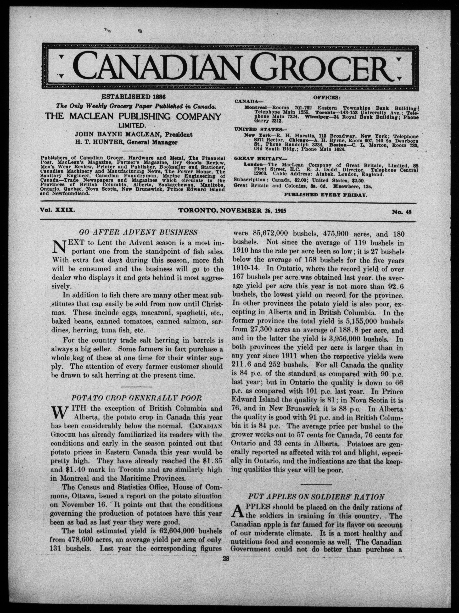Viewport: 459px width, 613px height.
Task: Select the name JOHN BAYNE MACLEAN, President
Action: click(134, 135)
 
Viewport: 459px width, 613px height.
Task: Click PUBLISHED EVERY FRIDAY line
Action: click(326, 195)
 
